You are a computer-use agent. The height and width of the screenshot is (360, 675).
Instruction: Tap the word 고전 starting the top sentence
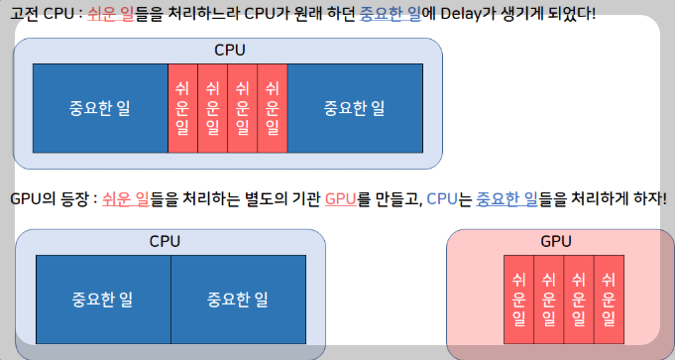click(24, 17)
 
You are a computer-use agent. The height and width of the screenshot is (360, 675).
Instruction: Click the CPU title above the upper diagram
click(230, 50)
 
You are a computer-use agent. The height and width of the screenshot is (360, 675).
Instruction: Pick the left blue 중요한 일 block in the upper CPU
click(99, 108)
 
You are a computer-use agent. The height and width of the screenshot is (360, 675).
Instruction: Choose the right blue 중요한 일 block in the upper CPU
click(354, 108)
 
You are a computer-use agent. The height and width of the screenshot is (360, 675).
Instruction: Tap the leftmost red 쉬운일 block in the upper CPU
click(182, 108)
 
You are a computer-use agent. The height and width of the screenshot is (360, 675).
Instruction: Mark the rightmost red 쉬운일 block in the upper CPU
click(273, 108)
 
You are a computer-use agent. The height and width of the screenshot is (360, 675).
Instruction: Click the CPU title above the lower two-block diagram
click(165, 241)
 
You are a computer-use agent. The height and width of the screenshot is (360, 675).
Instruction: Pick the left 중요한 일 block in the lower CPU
click(103, 300)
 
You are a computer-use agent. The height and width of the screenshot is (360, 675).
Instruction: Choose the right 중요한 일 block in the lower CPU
click(238, 300)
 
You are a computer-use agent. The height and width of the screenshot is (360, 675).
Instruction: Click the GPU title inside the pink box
click(556, 241)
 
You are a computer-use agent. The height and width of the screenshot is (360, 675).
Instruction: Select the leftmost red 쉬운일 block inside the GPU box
click(518, 300)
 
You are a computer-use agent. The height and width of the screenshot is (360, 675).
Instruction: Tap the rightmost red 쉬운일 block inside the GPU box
click(609, 300)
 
